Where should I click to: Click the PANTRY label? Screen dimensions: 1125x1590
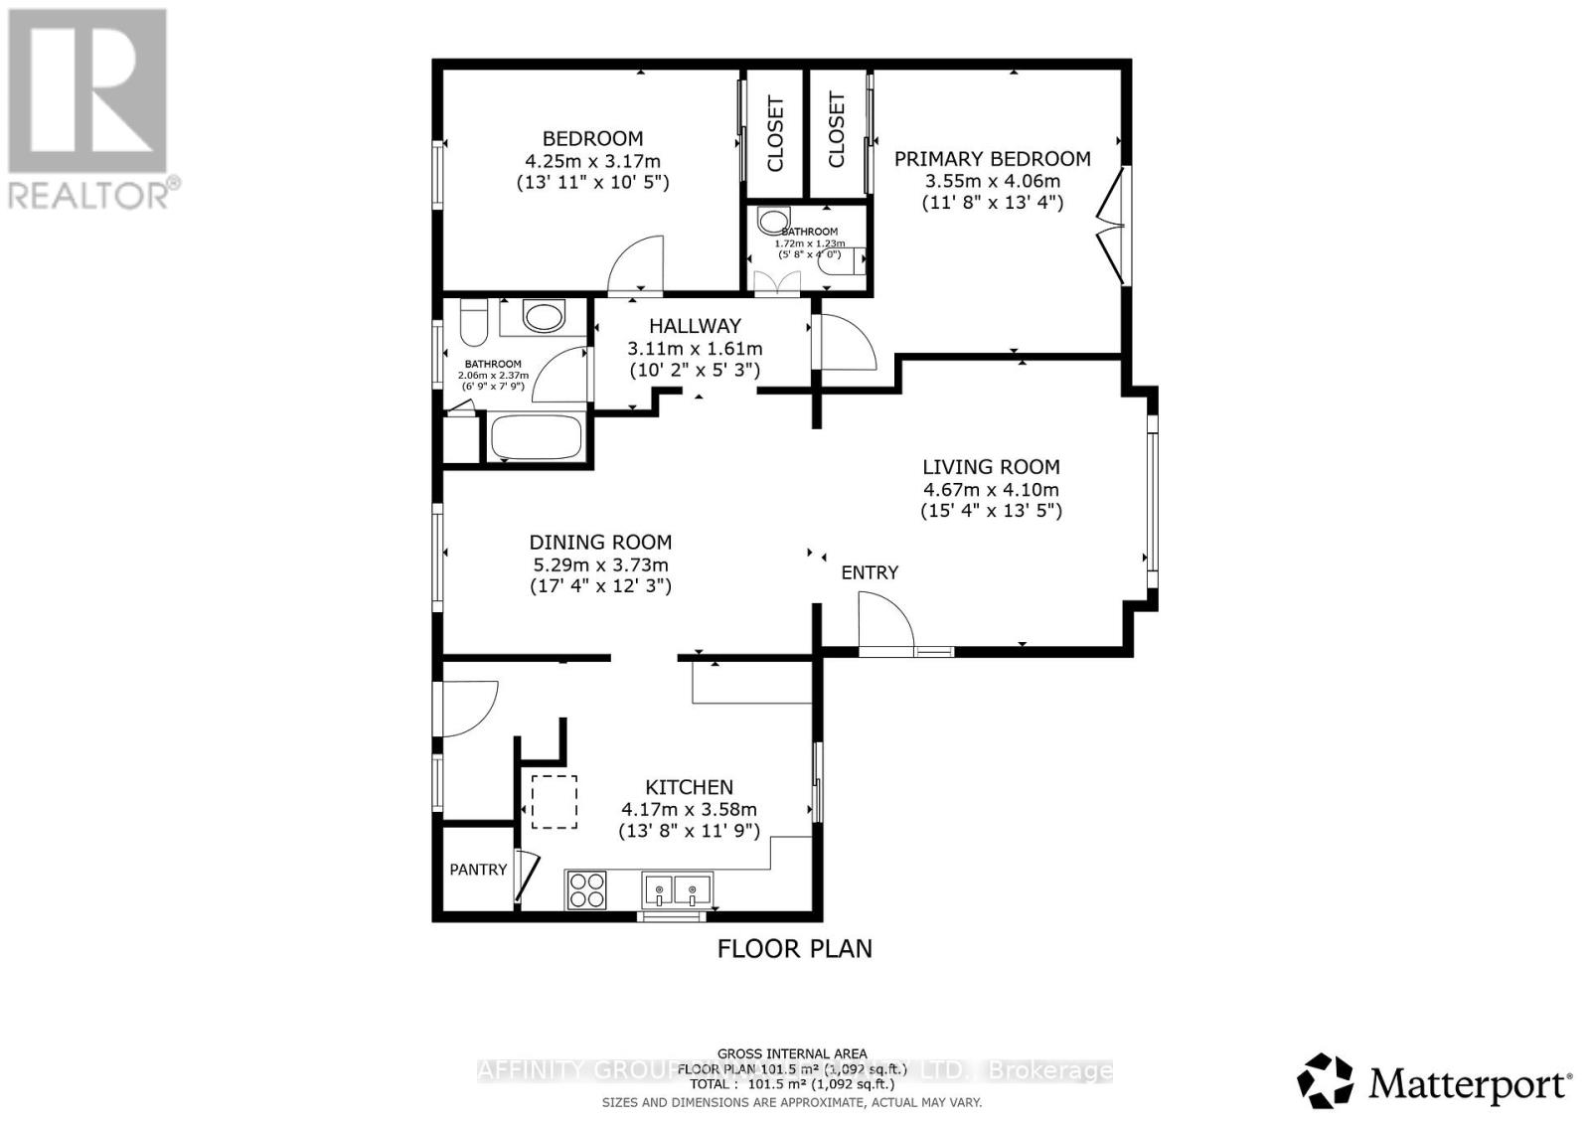(478, 870)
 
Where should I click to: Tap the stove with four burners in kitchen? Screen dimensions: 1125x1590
(586, 888)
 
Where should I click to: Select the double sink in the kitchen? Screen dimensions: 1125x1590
(677, 887)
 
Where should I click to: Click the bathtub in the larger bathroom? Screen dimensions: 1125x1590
(536, 438)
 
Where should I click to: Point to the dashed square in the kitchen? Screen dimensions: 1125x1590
(554, 802)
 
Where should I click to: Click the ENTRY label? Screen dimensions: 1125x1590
(870, 572)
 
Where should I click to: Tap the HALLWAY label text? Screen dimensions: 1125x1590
(695, 326)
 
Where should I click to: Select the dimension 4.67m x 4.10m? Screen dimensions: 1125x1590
(991, 489)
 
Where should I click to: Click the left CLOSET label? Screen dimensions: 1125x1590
(776, 134)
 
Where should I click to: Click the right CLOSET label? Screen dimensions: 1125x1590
(837, 130)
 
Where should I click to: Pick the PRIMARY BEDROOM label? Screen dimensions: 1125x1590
(992, 159)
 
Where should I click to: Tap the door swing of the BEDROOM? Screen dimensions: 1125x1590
(636, 264)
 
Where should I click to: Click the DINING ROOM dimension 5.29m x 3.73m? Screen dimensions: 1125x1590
(600, 564)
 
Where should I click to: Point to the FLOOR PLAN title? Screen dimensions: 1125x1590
(794, 948)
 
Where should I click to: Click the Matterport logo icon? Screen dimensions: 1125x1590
(1326, 1081)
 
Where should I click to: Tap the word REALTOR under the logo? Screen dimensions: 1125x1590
(89, 195)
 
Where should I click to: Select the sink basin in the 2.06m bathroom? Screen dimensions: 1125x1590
(544, 318)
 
